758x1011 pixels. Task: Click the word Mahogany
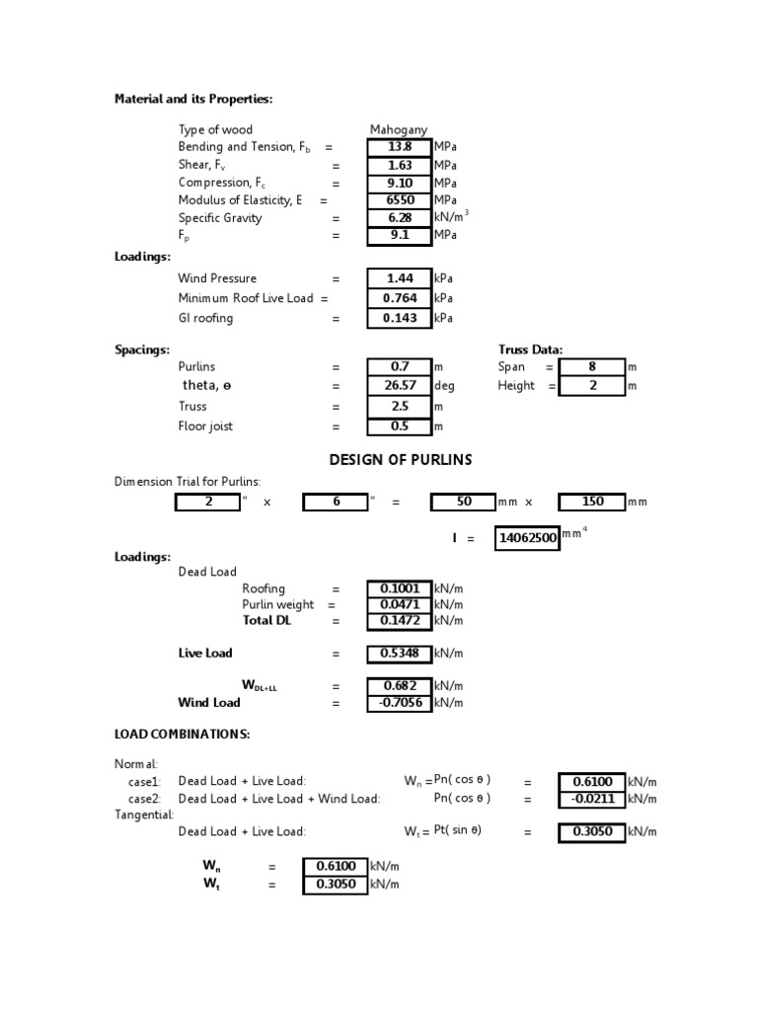coord(399,129)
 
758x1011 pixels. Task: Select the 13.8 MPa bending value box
coord(399,147)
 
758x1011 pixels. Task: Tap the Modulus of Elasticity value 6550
coord(399,200)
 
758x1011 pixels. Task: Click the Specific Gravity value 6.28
coord(399,218)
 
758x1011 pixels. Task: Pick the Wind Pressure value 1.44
coord(399,278)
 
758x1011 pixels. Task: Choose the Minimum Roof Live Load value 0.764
coord(399,298)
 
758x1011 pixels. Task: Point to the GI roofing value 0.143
coord(399,318)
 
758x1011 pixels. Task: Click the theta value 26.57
coord(399,386)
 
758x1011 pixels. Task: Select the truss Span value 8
coord(592,366)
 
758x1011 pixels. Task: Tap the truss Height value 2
coord(592,386)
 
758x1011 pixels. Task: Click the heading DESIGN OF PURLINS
coord(400,460)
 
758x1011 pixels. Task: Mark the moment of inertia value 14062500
coord(526,538)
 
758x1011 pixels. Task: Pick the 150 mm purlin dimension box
coord(592,502)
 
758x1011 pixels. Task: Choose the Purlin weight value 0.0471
coord(399,604)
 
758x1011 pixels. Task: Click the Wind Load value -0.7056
coord(399,703)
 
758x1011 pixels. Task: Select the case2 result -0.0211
coord(592,799)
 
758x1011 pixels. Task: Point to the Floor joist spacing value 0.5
coord(399,427)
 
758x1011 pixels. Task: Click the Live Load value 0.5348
coord(399,654)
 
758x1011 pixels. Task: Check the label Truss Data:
coord(531,350)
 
